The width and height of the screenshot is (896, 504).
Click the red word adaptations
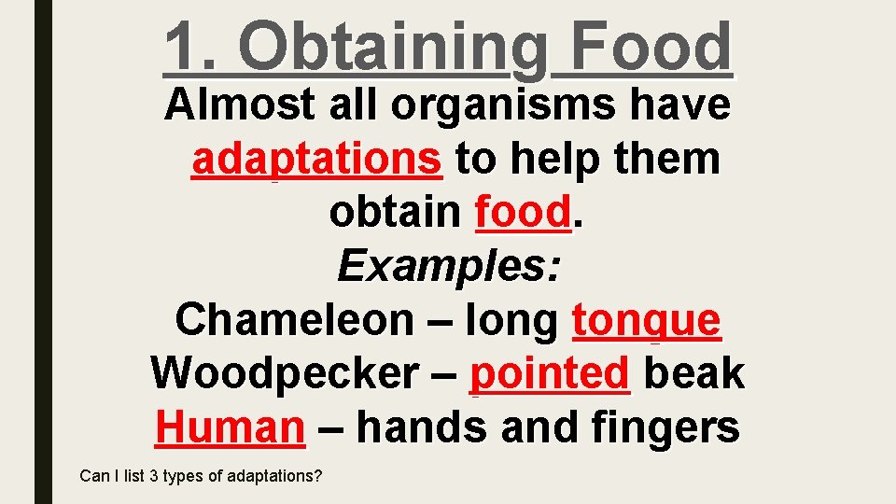[316, 160]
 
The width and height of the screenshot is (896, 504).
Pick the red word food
[521, 214]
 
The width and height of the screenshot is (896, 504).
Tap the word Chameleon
[293, 321]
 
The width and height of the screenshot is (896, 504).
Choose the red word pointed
[550, 374]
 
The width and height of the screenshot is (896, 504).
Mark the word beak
[693, 374]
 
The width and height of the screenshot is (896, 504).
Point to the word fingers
[665, 428]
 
